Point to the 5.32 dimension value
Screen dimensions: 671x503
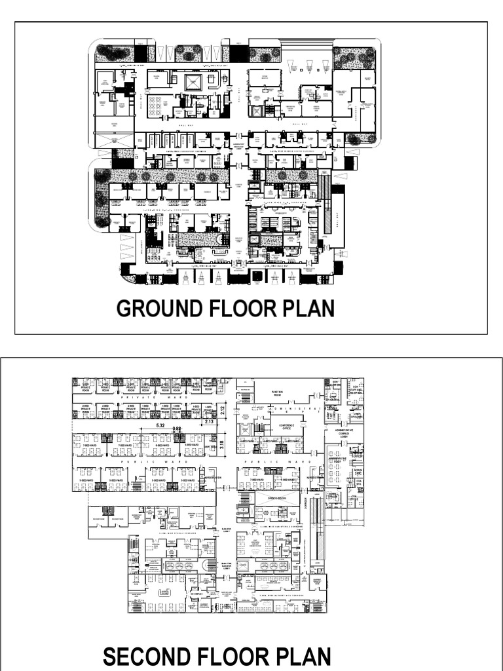coord(160,426)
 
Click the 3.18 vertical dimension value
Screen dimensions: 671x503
coord(222,445)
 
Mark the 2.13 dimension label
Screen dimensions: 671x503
coord(210,422)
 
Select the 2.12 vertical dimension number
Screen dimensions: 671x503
coord(222,411)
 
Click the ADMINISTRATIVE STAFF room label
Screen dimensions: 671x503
coord(339,461)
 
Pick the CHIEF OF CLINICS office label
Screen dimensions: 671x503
coord(358,414)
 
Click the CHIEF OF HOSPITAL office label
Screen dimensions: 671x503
coord(333,398)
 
